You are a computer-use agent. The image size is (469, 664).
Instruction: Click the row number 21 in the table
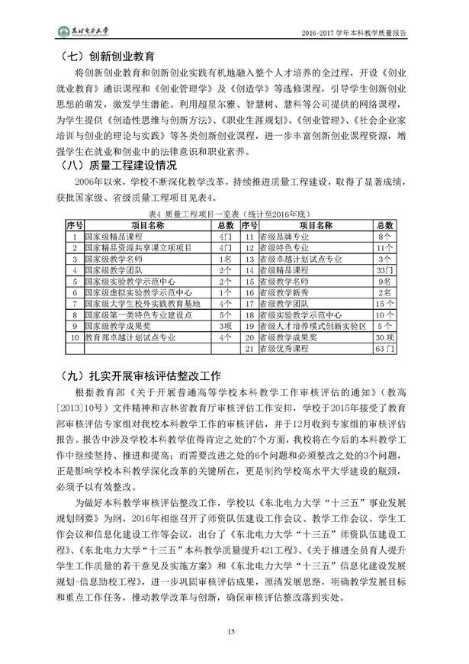[x=247, y=348]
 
